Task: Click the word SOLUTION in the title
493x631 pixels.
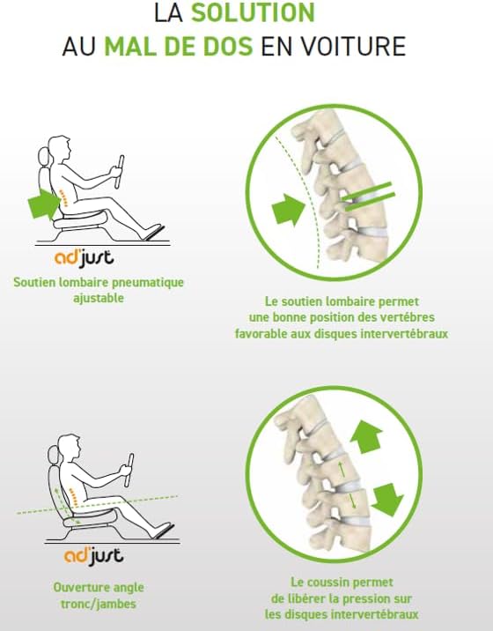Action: (x=253, y=12)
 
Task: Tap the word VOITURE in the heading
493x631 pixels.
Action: (x=354, y=47)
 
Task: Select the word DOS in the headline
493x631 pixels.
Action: (x=228, y=47)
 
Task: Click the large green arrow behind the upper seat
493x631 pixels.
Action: (x=44, y=204)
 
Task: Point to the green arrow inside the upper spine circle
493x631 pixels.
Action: (x=288, y=209)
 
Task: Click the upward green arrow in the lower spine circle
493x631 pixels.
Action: (x=366, y=436)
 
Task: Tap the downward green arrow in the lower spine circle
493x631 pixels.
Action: (x=386, y=500)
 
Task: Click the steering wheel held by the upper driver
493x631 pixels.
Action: (x=119, y=172)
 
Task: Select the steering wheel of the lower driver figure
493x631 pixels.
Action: (x=129, y=470)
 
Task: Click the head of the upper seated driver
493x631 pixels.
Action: (x=60, y=149)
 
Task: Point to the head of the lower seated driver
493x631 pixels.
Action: (x=70, y=448)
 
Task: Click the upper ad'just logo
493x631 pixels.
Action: (x=84, y=258)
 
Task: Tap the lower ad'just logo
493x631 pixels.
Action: (x=93, y=556)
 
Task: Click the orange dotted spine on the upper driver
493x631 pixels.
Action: (x=63, y=197)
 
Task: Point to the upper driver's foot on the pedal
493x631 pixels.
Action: (x=154, y=232)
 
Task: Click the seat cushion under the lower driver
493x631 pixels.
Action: (x=90, y=516)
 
